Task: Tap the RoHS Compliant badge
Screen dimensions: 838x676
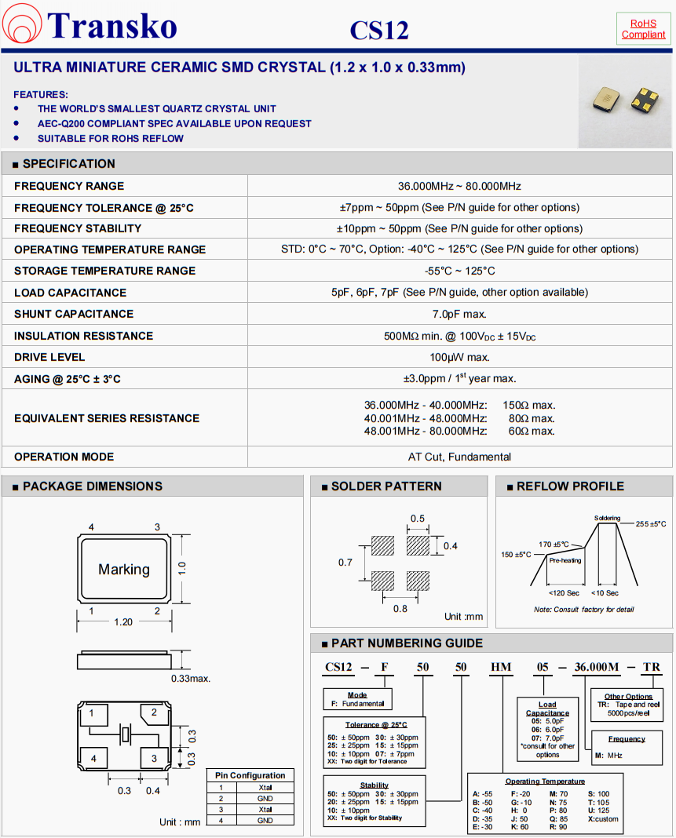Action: [x=643, y=29]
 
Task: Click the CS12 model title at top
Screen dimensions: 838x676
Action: [x=379, y=31]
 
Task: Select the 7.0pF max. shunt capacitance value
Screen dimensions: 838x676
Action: [x=459, y=314]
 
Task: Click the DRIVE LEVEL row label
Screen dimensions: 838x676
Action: [x=49, y=357]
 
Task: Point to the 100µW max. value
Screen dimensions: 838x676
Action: [x=459, y=357]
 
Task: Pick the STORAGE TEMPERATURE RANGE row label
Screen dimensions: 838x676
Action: [x=105, y=271]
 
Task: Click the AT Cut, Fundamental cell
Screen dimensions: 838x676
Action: [x=459, y=457]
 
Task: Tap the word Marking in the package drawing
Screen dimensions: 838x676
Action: [x=124, y=570]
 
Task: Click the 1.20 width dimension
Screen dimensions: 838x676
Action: [x=123, y=621]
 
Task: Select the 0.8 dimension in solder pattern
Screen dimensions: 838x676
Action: [x=400, y=607]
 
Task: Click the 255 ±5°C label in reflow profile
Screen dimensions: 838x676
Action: [x=651, y=523]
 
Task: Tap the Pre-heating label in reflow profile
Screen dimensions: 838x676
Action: [x=565, y=561]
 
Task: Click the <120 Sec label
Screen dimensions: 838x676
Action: [x=564, y=593]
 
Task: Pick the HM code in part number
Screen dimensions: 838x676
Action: [x=501, y=668]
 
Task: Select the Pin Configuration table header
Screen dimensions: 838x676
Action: [x=250, y=775]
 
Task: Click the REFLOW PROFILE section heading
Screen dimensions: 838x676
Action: [x=570, y=486]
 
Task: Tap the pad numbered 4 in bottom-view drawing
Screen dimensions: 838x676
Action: [x=93, y=759]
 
